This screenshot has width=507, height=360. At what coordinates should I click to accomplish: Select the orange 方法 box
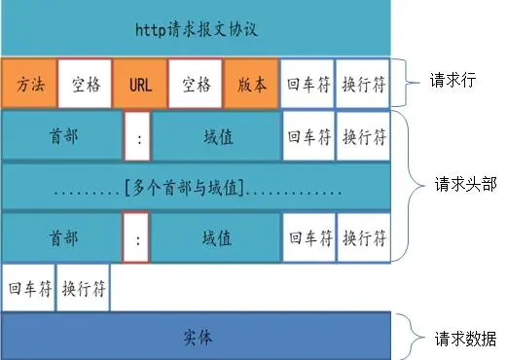28,84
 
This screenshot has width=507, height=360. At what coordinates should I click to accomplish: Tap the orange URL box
139,84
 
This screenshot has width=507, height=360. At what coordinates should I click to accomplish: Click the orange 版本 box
251,84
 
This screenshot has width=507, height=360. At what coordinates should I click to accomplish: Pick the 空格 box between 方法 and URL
85,84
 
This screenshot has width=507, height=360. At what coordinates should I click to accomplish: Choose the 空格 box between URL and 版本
195,84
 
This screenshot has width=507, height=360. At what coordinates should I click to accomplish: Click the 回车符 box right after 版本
307,84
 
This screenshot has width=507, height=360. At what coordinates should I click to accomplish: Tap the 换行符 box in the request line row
362,84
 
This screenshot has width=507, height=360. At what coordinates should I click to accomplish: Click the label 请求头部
464,184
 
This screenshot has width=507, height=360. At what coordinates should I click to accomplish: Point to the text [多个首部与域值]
197,185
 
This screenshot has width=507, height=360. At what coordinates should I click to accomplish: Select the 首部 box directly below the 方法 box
61,135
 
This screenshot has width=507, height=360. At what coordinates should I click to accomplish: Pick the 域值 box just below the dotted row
217,236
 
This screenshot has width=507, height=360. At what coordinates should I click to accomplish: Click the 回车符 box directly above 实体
28,288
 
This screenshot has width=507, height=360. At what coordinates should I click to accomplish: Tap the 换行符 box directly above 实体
85,288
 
